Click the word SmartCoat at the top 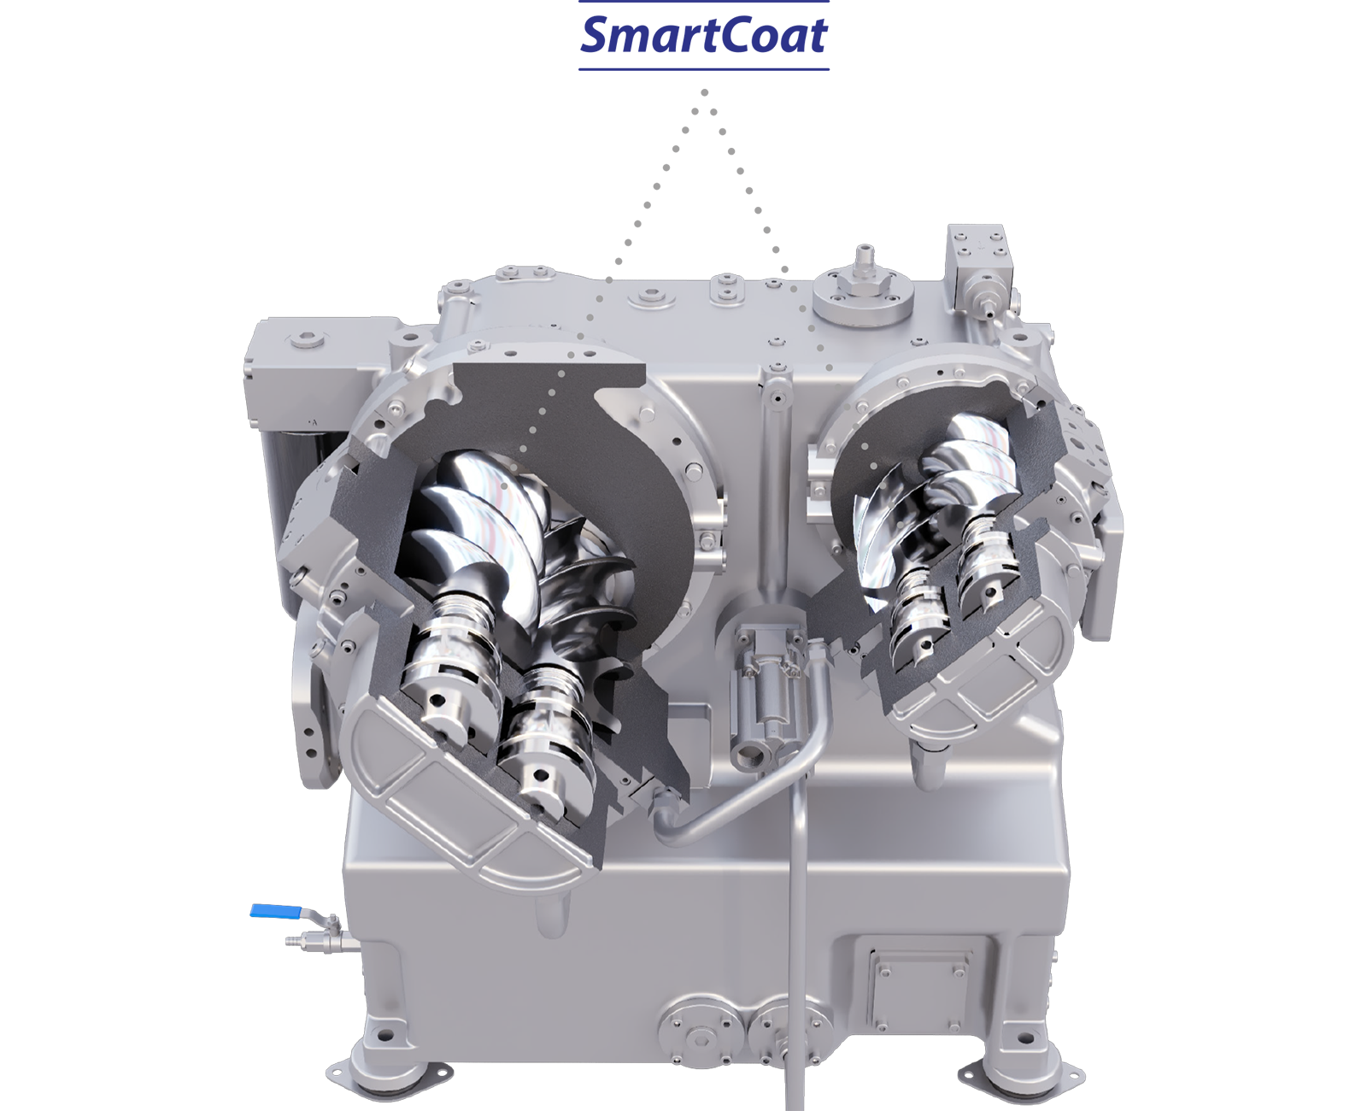click(x=703, y=35)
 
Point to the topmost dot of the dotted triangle click(x=704, y=92)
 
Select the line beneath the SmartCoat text click(x=703, y=68)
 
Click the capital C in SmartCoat click(x=721, y=35)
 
